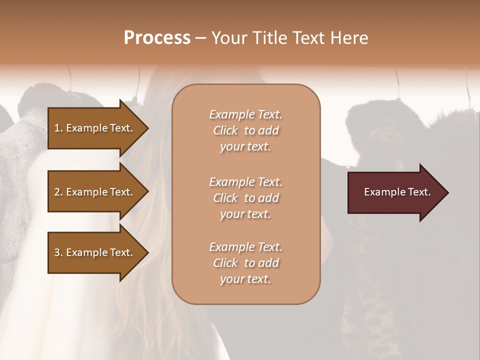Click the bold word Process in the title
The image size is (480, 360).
tap(157, 38)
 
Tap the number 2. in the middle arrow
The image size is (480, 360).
tap(58, 192)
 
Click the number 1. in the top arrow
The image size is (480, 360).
tap(58, 128)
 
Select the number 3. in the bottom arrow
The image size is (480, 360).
tap(58, 252)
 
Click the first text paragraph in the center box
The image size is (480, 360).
tap(245, 130)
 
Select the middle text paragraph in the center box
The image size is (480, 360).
tap(245, 198)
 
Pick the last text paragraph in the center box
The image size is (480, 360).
tap(245, 263)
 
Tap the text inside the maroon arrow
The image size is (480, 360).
tap(397, 192)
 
